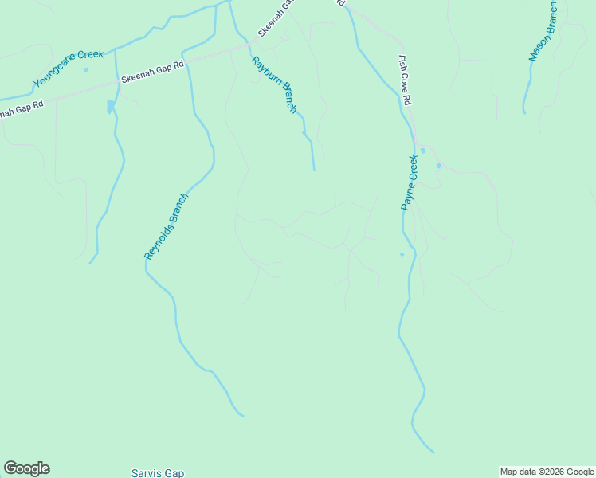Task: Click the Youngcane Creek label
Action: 69,69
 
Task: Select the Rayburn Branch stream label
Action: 273,84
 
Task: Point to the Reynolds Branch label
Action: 167,226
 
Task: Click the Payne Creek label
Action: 410,182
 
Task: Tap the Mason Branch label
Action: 543,32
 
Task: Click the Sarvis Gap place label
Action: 158,473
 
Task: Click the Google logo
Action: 26,468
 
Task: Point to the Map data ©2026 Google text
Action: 547,472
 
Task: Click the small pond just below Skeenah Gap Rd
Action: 110,106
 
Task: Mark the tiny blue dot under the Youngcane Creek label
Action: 85,69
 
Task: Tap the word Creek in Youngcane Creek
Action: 90,58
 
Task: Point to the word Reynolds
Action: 158,239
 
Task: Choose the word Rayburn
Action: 263,69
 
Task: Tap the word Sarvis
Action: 145,473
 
